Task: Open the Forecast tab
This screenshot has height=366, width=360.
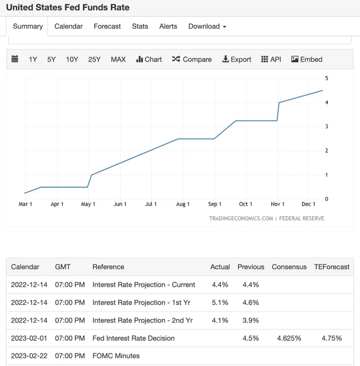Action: (107, 26)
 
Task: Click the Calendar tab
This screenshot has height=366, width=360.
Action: (69, 26)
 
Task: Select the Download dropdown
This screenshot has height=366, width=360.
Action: (207, 26)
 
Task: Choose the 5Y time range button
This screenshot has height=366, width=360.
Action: (52, 59)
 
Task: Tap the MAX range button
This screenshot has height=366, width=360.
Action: (118, 59)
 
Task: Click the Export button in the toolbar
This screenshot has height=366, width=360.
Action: (237, 59)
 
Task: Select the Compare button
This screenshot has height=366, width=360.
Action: (192, 59)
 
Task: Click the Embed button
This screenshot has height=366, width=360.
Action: (307, 59)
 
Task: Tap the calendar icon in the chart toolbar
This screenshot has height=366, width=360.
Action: (15, 59)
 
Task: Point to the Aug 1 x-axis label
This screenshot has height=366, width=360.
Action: (183, 204)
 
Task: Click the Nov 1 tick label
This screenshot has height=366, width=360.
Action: (278, 204)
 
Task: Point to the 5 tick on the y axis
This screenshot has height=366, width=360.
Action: (326, 78)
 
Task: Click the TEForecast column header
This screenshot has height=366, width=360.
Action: (332, 267)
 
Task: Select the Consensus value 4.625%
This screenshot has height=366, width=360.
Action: (289, 338)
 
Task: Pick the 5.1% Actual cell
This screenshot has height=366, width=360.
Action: (220, 302)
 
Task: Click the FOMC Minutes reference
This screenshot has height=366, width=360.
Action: (116, 356)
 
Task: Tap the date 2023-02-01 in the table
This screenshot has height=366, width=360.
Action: (29, 338)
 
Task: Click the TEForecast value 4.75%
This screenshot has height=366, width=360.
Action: (332, 338)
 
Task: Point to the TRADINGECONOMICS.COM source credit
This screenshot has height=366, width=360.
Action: (241, 218)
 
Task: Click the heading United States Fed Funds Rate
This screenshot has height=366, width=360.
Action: (68, 8)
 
